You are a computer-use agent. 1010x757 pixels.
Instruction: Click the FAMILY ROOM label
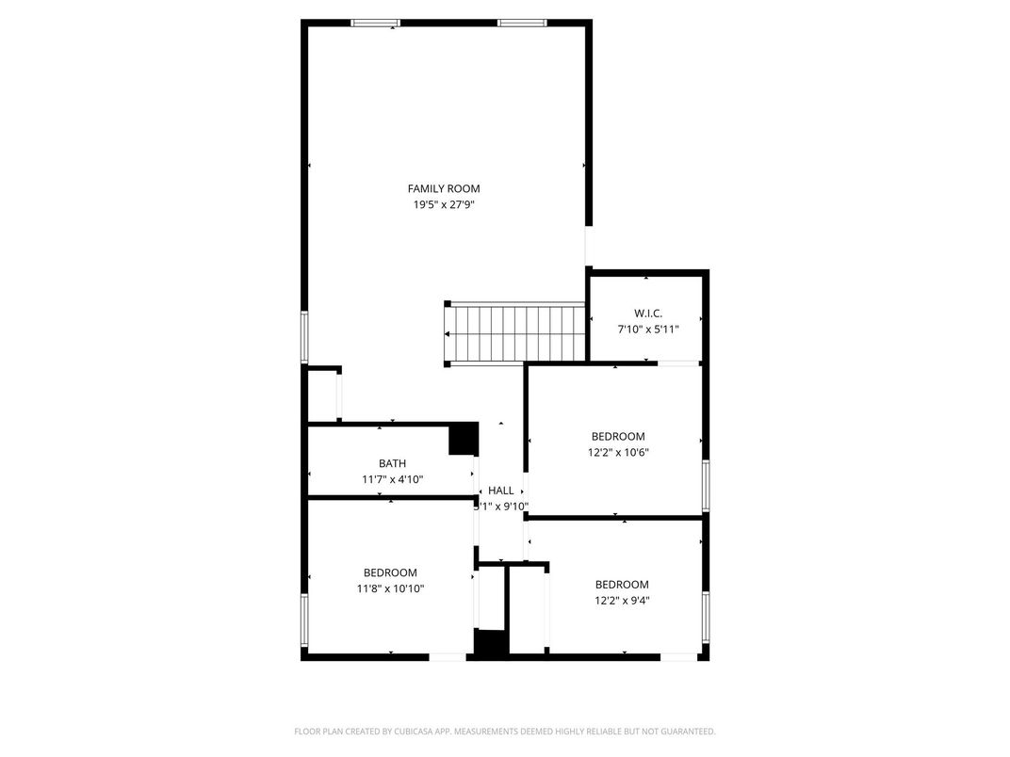[444, 188]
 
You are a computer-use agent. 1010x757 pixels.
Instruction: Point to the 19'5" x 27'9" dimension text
[444, 204]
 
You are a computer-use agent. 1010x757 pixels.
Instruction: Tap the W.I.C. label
[647, 313]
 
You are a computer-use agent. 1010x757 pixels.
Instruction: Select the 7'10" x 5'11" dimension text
[647, 329]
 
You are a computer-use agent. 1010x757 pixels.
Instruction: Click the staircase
[516, 333]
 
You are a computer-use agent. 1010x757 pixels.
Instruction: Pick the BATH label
[393, 463]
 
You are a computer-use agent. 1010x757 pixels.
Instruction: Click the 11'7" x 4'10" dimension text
[393, 479]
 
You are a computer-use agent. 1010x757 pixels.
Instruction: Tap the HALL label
[501, 491]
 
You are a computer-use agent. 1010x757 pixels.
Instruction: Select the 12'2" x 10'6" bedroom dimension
[618, 452]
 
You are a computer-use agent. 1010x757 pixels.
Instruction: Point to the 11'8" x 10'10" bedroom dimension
[391, 588]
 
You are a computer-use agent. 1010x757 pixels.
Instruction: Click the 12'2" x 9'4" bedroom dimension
[622, 600]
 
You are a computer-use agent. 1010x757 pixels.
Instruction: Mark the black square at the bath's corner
[463, 439]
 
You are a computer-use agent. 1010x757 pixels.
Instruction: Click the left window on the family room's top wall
[375, 23]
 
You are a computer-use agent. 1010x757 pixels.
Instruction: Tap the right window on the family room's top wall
[522, 23]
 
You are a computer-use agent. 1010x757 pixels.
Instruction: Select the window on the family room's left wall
[304, 336]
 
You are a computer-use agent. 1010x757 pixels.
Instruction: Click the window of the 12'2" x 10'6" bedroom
[705, 486]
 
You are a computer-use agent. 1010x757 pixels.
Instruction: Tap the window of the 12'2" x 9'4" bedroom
[705, 617]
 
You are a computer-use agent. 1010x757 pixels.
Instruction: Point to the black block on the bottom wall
[490, 644]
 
